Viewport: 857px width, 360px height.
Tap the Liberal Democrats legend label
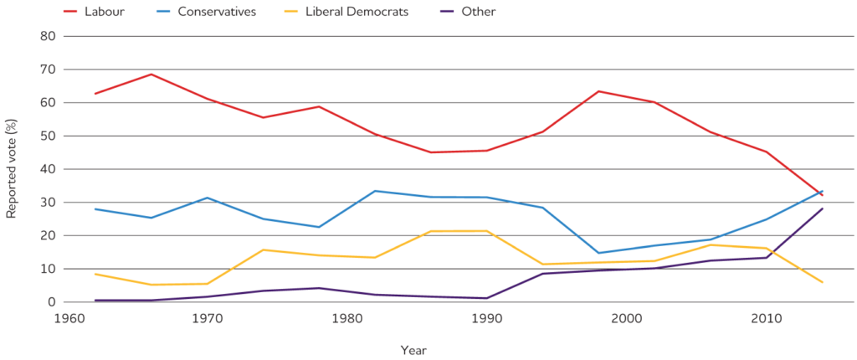pos(358,12)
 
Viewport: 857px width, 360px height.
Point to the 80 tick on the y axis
pos(49,36)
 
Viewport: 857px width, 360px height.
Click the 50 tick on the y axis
pos(49,136)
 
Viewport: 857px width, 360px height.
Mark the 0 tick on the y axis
pos(52,302)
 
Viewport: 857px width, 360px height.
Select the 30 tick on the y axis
pos(49,203)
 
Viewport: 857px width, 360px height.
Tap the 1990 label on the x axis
pos(486,319)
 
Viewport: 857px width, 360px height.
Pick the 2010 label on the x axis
pos(766,319)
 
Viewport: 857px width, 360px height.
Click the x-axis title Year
pos(413,349)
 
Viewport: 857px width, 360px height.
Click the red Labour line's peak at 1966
pos(151,75)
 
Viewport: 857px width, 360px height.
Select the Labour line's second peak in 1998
pos(598,91)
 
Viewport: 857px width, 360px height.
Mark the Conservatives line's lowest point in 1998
pos(598,253)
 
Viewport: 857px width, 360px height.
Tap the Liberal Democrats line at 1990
pos(486,231)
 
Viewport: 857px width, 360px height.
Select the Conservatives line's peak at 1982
pos(375,191)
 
